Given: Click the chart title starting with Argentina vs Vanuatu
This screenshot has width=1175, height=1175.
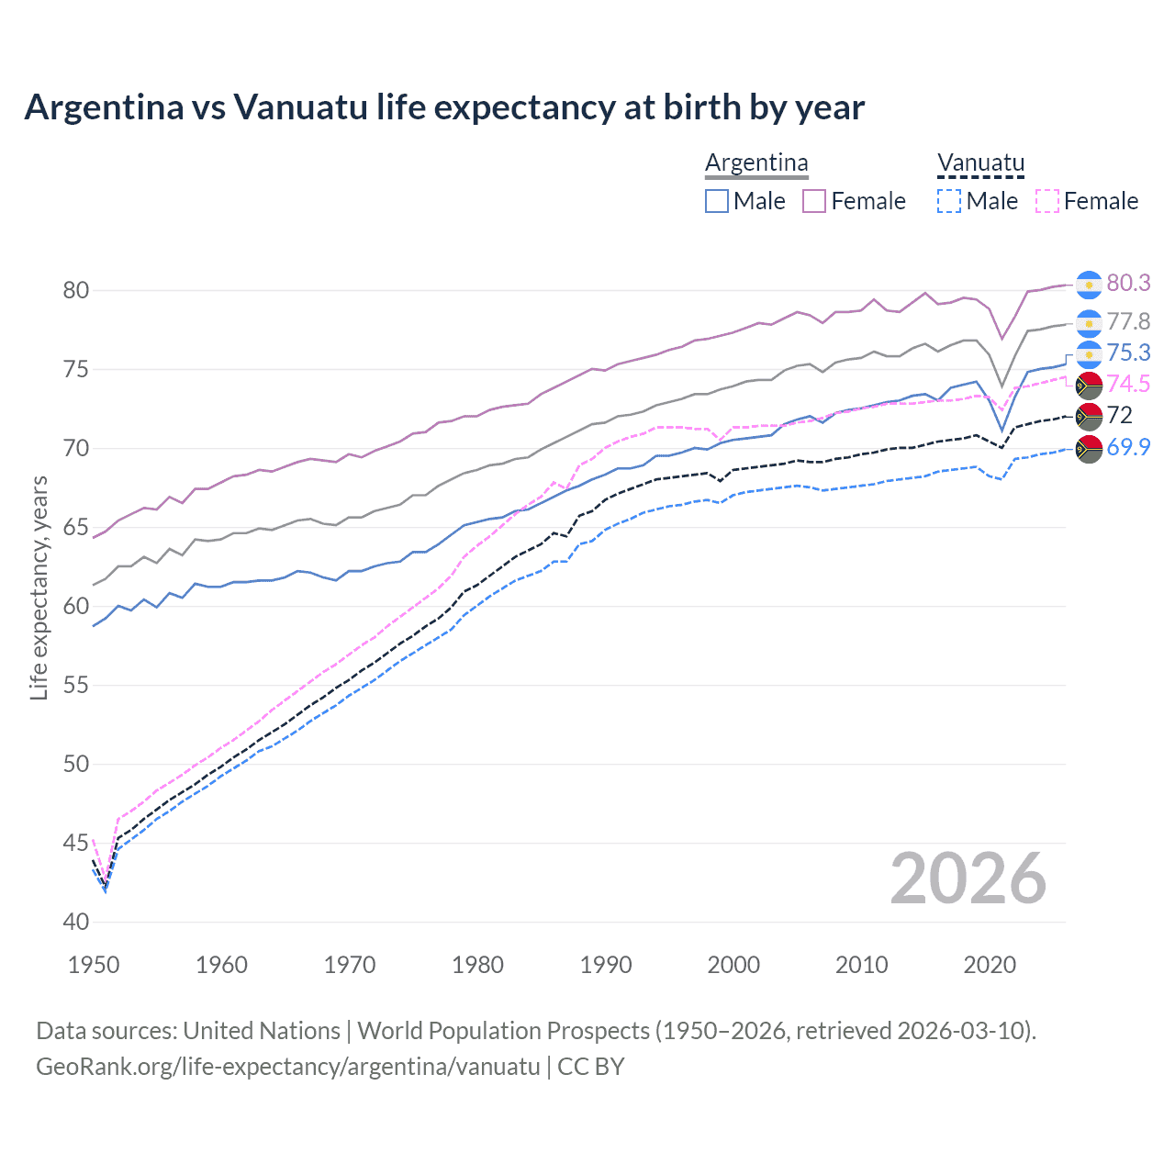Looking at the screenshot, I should point(444,107).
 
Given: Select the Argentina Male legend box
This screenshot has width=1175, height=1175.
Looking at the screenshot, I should point(717,201).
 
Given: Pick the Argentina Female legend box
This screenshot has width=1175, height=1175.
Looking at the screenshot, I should point(814,201).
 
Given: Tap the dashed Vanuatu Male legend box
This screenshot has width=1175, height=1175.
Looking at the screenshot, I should point(949,201).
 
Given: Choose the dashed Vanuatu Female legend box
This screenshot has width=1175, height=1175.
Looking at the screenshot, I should point(1046,201).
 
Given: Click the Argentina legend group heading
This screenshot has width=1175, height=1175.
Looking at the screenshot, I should point(756,163).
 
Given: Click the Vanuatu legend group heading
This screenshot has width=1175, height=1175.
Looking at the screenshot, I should point(980,163).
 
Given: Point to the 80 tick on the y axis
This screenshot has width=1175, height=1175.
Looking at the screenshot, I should point(76,291).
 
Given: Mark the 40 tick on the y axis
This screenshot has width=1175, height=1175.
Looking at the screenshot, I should point(76,923).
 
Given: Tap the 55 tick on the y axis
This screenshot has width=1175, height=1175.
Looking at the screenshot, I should point(76,686).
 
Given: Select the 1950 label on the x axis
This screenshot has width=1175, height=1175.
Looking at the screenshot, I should point(95,965).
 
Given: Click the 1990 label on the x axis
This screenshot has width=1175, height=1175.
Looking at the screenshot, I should point(606,965).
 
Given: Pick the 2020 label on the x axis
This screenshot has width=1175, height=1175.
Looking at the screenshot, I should point(990,965).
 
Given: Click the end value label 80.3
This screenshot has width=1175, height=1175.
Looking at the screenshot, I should point(1128,284).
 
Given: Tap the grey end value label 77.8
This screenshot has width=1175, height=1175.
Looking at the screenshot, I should point(1128,321).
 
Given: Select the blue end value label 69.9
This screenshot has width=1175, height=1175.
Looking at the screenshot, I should point(1128,447).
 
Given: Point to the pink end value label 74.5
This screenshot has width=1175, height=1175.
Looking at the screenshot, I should point(1128,384).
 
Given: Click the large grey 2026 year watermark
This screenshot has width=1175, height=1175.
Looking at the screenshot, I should point(968,878).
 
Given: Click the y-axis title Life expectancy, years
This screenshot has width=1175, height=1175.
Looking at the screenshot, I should point(39,587).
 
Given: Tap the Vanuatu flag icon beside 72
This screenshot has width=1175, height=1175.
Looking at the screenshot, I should point(1089,416).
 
